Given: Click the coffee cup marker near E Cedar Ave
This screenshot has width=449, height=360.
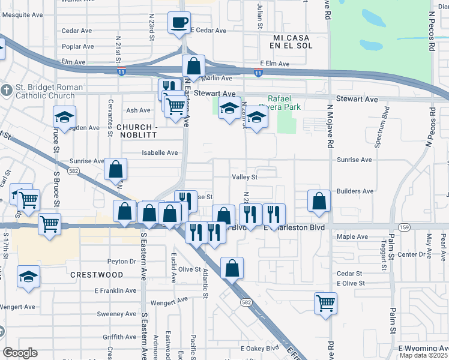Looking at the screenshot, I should tap(179, 23).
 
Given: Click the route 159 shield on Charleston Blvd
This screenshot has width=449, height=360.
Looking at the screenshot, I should tap(405, 227).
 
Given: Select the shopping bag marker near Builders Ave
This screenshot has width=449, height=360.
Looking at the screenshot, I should tap(319, 202).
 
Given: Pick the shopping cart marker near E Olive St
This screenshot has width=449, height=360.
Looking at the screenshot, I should tap(325, 303).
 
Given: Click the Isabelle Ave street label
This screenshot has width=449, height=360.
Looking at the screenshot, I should tap(160, 152).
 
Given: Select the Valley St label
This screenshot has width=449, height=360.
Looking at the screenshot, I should tap(244, 177).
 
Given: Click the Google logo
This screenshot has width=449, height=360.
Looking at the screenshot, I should tap(20, 353).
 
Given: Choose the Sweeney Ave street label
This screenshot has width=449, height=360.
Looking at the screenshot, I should tap(117, 314).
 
